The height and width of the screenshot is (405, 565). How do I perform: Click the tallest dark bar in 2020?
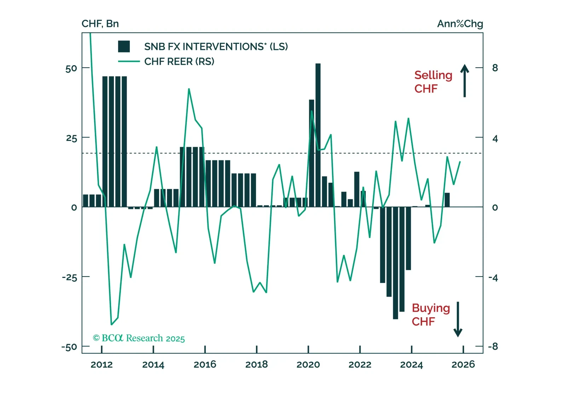318,135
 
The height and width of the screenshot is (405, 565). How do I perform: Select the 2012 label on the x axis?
102,365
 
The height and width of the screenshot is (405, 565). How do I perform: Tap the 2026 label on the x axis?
463,365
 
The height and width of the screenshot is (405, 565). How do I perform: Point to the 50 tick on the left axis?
71,68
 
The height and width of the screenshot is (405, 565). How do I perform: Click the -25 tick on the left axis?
69,277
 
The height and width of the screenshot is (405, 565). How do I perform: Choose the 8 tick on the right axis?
495,68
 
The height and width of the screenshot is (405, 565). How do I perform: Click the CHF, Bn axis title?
100,24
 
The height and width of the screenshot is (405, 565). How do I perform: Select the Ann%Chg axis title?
460,24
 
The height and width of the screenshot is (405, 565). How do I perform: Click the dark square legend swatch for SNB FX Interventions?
124,46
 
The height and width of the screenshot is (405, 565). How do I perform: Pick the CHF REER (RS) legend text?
179,62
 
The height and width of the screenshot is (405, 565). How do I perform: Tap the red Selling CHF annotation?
433,82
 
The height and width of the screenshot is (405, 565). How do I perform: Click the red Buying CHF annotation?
431,315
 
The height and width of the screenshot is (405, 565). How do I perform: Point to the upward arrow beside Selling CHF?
465,80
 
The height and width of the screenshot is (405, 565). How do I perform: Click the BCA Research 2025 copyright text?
139,338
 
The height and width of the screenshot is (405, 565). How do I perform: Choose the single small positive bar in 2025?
447,200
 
